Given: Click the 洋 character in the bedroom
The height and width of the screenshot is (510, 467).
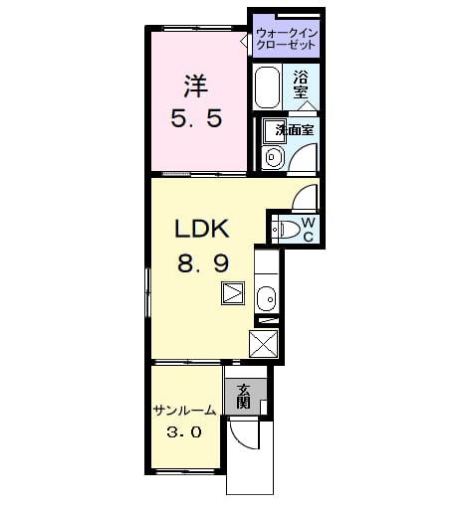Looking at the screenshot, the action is (x=196, y=85).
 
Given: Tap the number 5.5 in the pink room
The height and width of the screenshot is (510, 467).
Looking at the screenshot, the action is (x=196, y=118).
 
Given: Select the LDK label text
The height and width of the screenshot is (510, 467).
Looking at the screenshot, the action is (x=202, y=229).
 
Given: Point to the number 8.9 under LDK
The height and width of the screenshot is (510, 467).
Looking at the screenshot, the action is (x=203, y=264).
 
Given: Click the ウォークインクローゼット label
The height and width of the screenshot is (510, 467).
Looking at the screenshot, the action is (x=287, y=39).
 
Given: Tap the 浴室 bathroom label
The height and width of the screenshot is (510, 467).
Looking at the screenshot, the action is (x=301, y=85).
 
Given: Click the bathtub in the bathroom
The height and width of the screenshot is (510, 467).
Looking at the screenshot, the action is (x=267, y=86).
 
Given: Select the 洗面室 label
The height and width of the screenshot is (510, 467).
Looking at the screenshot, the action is (x=295, y=130).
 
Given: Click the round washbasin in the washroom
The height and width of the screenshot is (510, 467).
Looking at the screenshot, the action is (x=273, y=157).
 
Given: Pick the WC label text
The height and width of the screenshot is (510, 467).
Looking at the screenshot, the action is (x=308, y=229).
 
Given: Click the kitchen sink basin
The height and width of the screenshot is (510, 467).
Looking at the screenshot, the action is (x=266, y=298).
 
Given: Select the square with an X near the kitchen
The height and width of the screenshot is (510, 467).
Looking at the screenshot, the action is (x=263, y=344).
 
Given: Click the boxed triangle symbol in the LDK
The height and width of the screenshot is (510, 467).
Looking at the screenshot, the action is (x=233, y=293).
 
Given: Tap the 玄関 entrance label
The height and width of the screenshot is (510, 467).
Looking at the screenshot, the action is (x=243, y=396).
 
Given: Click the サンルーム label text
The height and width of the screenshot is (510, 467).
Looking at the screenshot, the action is (x=184, y=411).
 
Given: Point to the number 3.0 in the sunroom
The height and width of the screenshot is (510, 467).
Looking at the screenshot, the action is (x=184, y=432).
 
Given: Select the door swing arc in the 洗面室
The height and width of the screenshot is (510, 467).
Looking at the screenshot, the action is (x=298, y=155).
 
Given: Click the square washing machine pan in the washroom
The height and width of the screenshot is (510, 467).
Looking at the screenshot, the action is (x=275, y=131).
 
